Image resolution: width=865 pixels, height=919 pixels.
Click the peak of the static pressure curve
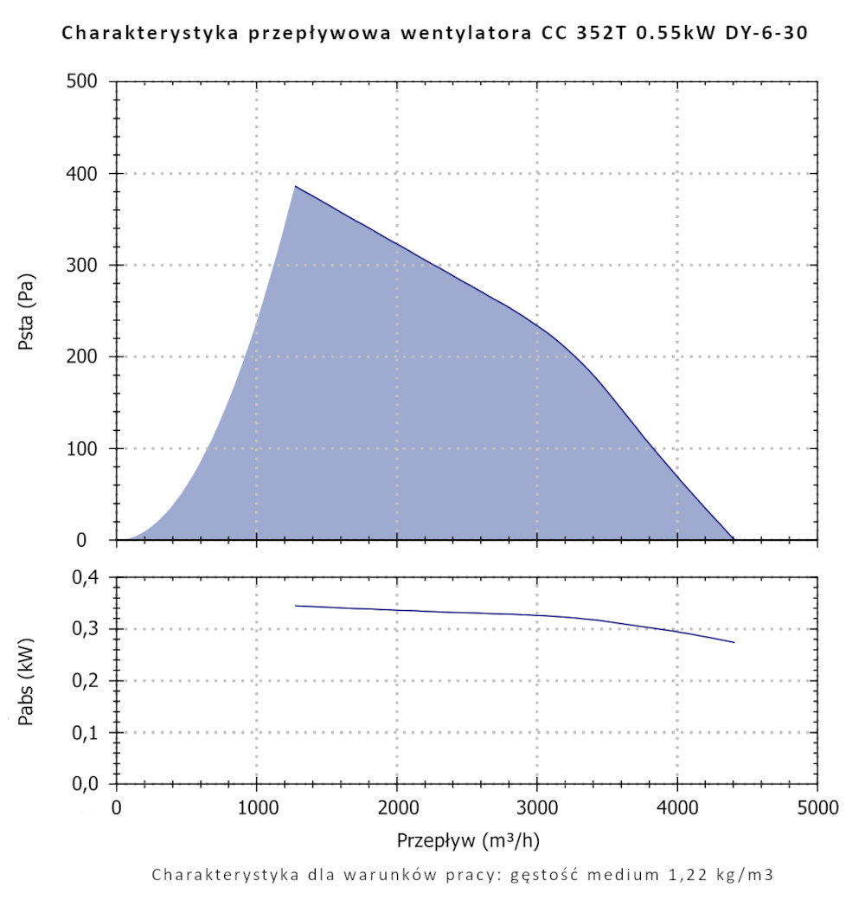295,186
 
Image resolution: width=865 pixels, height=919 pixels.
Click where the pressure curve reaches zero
734,539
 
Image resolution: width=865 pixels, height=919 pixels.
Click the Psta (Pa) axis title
27,311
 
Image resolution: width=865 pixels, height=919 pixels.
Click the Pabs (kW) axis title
27,680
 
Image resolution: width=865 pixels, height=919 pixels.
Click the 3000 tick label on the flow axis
537,809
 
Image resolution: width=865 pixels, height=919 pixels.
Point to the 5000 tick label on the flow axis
817,809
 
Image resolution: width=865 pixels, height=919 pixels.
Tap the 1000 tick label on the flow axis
257,809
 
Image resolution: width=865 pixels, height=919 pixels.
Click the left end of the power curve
296,606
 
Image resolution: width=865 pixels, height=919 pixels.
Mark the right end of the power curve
734,642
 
